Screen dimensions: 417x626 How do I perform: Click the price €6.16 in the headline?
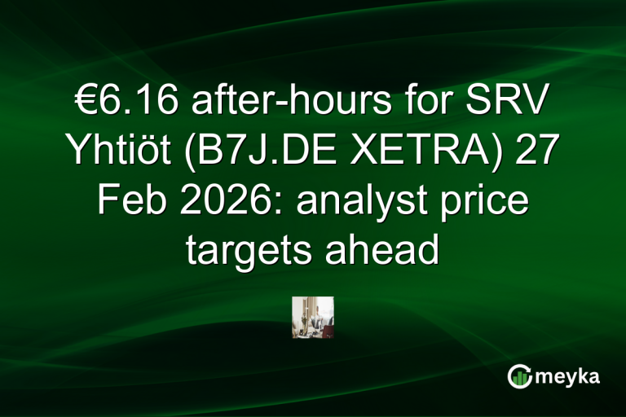point(120,105)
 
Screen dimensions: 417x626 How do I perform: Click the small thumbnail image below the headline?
point(313,317)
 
